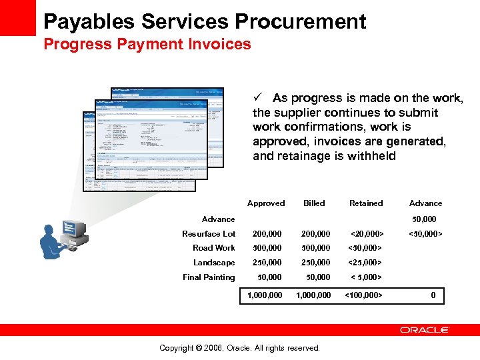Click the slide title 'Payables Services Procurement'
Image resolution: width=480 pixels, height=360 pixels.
point(205,21)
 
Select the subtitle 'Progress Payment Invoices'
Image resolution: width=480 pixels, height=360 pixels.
point(147,45)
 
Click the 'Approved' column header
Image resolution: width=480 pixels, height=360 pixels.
point(266,203)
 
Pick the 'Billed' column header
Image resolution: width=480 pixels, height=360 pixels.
point(314,203)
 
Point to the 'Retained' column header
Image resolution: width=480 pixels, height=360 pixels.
point(366,203)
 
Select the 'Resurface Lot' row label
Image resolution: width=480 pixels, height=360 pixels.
point(209,234)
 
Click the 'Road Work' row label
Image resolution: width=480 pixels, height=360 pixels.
point(214,248)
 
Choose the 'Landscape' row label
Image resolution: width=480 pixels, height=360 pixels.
point(214,263)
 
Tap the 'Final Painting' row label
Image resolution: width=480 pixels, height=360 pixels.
point(209,277)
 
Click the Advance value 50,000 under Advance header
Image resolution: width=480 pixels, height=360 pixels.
point(424,219)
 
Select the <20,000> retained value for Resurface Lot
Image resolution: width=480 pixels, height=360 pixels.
point(367,234)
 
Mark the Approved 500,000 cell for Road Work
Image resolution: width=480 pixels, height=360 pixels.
point(267,248)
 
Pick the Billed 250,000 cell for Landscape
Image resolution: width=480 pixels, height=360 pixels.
point(315,263)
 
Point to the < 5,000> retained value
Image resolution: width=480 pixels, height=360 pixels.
point(366,277)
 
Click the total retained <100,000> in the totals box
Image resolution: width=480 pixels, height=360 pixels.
point(363,295)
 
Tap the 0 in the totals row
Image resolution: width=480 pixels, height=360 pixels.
point(433,295)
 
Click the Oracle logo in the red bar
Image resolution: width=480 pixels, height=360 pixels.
point(425,330)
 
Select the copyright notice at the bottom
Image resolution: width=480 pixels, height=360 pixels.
point(240,348)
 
